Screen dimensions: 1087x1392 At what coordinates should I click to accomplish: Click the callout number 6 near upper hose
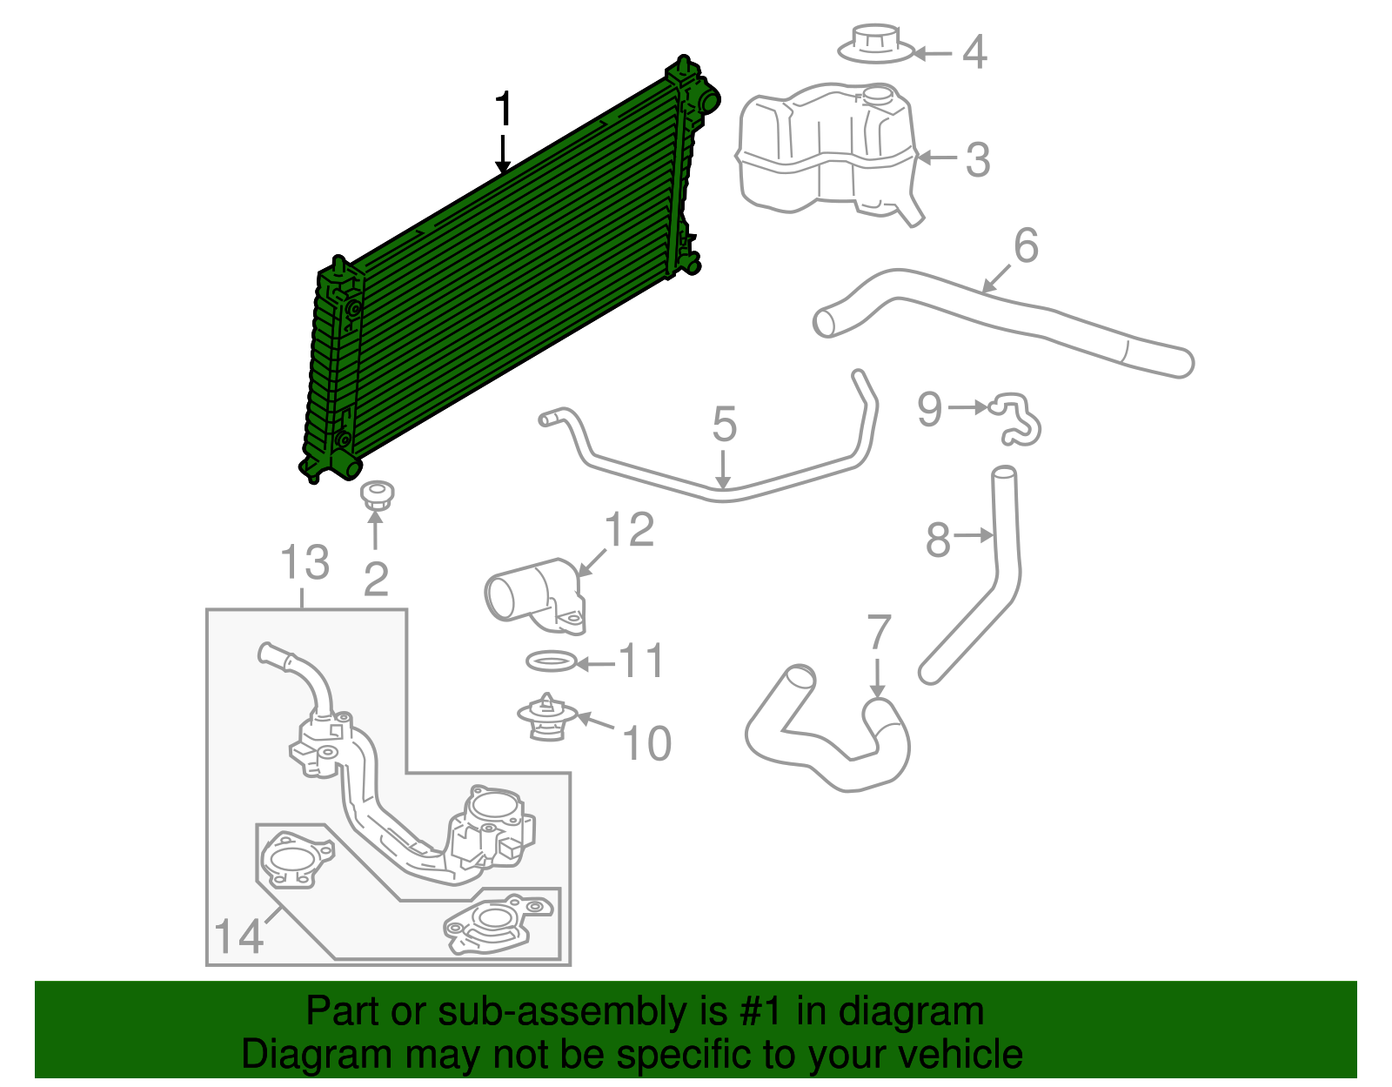(1026, 246)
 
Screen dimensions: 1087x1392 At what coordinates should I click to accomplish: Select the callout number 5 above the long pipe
(724, 425)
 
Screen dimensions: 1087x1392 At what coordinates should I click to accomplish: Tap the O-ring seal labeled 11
(551, 662)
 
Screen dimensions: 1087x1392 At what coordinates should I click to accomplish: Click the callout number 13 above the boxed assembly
(304, 563)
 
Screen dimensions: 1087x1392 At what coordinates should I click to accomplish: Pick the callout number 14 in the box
(238, 937)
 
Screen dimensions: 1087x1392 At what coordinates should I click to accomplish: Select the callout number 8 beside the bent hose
(938, 540)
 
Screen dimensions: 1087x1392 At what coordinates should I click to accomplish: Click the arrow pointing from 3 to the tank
(936, 158)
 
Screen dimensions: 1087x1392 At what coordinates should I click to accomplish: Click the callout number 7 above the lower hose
(879, 633)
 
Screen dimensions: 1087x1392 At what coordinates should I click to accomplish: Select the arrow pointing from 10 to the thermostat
(595, 721)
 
